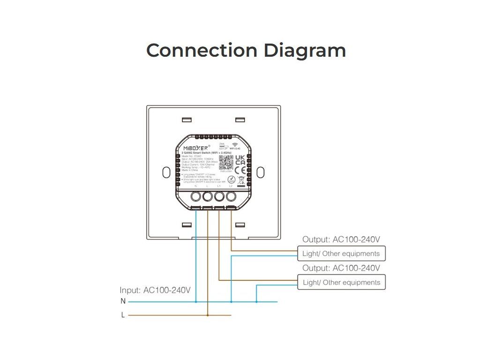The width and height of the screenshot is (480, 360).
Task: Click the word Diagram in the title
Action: [x=304, y=50]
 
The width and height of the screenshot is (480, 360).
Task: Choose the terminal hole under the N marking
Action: [x=196, y=197]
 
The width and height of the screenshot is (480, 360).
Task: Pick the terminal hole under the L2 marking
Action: [x=231, y=197]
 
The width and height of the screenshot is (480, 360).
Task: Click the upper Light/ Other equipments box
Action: [x=341, y=254]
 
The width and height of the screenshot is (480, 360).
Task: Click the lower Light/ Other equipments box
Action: [x=341, y=282]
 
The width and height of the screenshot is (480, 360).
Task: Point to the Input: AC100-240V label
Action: [x=155, y=290]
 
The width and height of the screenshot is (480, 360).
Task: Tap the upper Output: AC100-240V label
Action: [x=341, y=240]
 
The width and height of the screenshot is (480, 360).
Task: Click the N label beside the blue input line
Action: [x=123, y=301]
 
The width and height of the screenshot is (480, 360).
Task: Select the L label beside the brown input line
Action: [x=123, y=315]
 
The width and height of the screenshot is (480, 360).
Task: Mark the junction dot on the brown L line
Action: [x=208, y=315]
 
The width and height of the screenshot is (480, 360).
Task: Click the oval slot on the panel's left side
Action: [x=165, y=172]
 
